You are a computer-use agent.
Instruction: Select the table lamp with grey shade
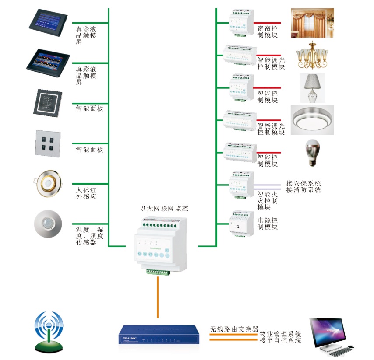312,87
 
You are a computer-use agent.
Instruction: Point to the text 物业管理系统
280,334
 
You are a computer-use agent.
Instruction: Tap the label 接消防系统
303,190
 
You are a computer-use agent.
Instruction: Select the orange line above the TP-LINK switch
157,297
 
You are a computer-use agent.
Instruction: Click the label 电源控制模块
268,224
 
